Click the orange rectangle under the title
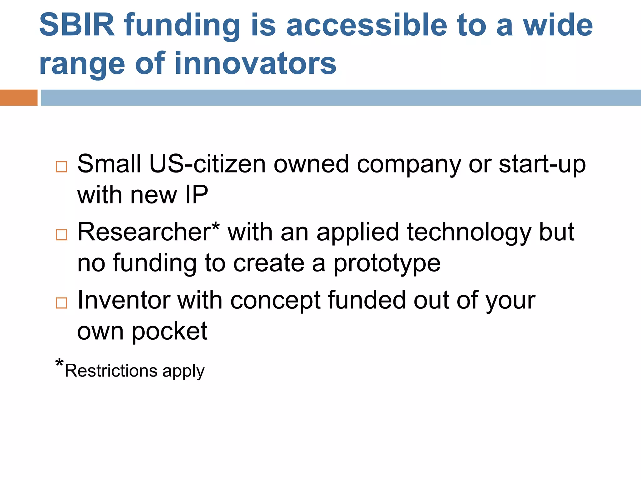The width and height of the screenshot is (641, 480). [x=18, y=97]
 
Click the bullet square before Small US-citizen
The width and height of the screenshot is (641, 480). [x=61, y=167]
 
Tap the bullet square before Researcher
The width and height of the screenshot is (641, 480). [x=61, y=235]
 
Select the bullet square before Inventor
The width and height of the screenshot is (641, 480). [x=61, y=303]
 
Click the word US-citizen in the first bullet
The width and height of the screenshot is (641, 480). [x=208, y=164]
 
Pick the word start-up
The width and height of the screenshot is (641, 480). [x=542, y=164]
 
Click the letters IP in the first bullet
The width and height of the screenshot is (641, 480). [x=197, y=195]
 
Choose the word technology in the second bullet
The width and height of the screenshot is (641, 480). [x=469, y=232]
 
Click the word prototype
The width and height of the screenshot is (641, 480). [x=387, y=263]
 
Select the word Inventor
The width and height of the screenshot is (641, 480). [x=124, y=300]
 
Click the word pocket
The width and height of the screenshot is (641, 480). [x=169, y=331]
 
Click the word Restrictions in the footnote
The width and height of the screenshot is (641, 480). [x=111, y=371]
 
